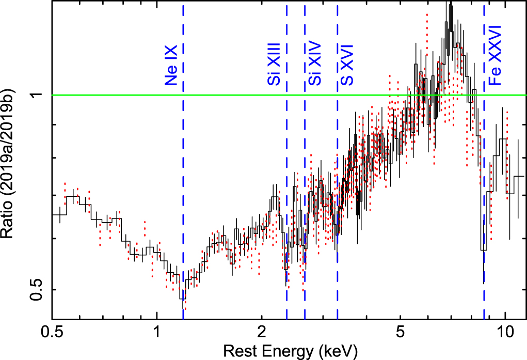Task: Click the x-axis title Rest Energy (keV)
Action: pyautogui.click(x=290, y=352)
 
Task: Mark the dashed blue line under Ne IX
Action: pyautogui.click(x=183, y=155)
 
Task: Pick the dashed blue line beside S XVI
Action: pyautogui.click(x=338, y=155)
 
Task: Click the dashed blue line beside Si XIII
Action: pyautogui.click(x=286, y=155)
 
